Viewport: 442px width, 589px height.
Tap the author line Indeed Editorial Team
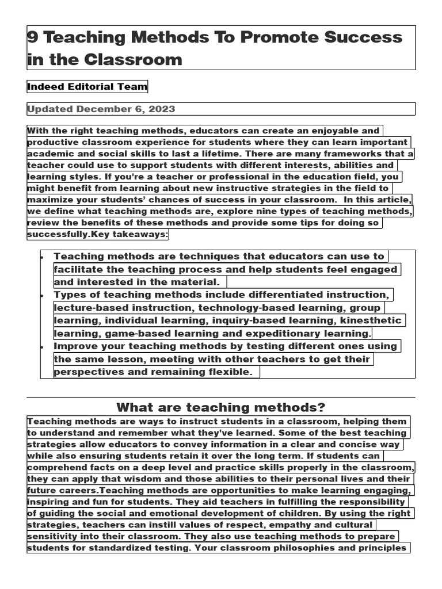(x=87, y=87)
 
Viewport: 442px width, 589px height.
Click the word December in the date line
(x=102, y=109)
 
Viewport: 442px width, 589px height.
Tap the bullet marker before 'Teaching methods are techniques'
(x=43, y=257)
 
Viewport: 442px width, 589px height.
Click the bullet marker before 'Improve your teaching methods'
(x=43, y=347)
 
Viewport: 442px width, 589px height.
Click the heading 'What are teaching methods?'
(x=220, y=408)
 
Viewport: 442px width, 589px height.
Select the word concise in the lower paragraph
(x=359, y=445)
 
